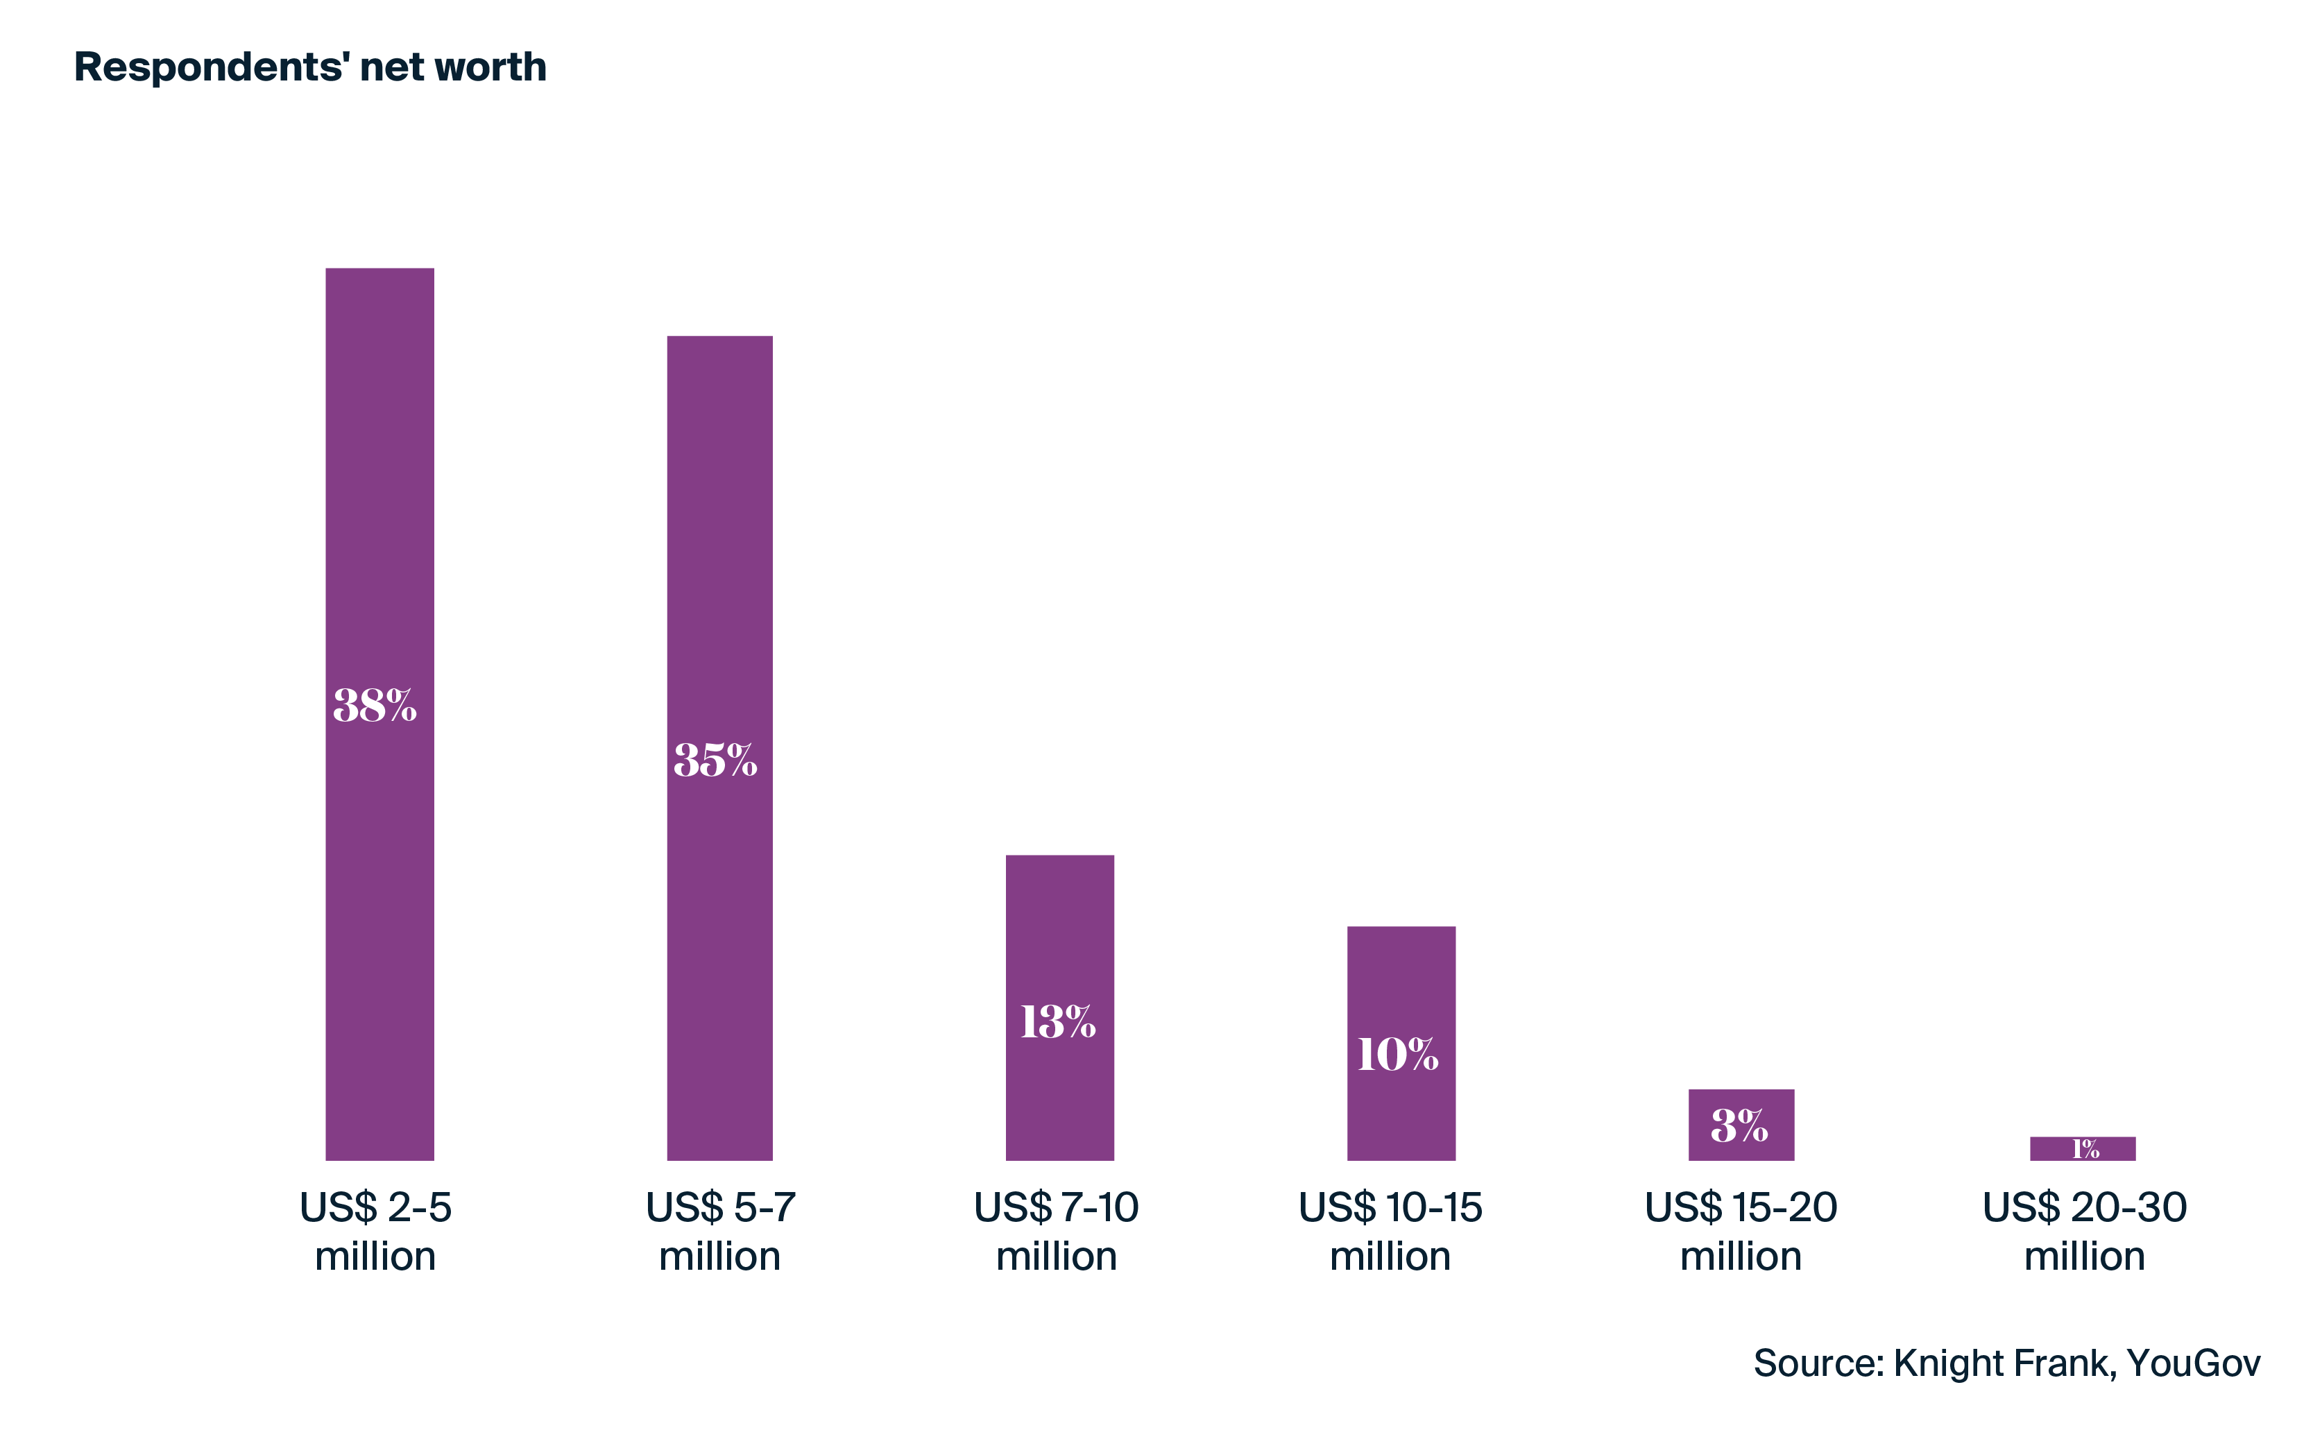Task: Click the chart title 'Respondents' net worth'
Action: coord(310,67)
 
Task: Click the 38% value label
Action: coord(375,706)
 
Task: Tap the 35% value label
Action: coord(715,760)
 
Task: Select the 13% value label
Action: coord(1057,1021)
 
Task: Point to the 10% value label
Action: coord(1398,1055)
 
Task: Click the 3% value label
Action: coord(1739,1125)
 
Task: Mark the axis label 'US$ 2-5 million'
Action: coord(376,1232)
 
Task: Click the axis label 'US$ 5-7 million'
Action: coord(720,1232)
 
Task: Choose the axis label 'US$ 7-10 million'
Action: coord(1057,1232)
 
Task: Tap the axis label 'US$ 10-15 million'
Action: coord(1390,1232)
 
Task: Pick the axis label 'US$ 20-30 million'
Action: coord(2085,1232)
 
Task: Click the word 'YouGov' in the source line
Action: coord(2194,1363)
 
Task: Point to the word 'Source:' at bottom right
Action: coord(1818,1363)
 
